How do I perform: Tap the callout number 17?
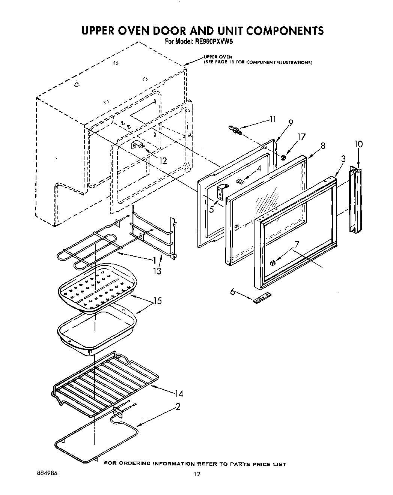pos(301,137)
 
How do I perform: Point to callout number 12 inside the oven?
pos(163,160)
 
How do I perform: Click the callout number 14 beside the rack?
pos(178,393)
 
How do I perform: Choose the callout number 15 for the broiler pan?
pos(157,300)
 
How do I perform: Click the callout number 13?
pos(157,270)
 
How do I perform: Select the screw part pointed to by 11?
pos(235,130)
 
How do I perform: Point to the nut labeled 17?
pos(284,157)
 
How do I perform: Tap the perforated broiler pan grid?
pos(97,288)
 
